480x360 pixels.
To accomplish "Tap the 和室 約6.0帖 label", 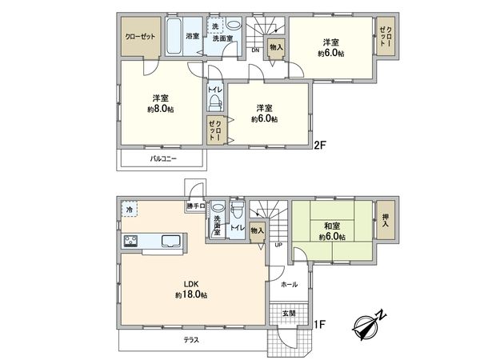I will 330,231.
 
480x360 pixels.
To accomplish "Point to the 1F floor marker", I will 319,324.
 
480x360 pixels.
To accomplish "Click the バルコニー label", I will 163,159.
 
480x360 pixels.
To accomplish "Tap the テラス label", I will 189,340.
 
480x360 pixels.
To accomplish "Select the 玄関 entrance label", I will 288,313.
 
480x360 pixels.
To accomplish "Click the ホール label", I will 289,284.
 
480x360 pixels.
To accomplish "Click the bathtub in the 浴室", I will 174,36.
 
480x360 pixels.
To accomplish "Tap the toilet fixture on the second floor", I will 214,100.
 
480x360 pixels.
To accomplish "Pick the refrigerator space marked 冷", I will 129,210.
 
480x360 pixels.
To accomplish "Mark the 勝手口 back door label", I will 196,207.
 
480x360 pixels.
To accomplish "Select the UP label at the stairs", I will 278,245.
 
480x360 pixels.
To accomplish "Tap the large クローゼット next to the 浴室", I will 140,37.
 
